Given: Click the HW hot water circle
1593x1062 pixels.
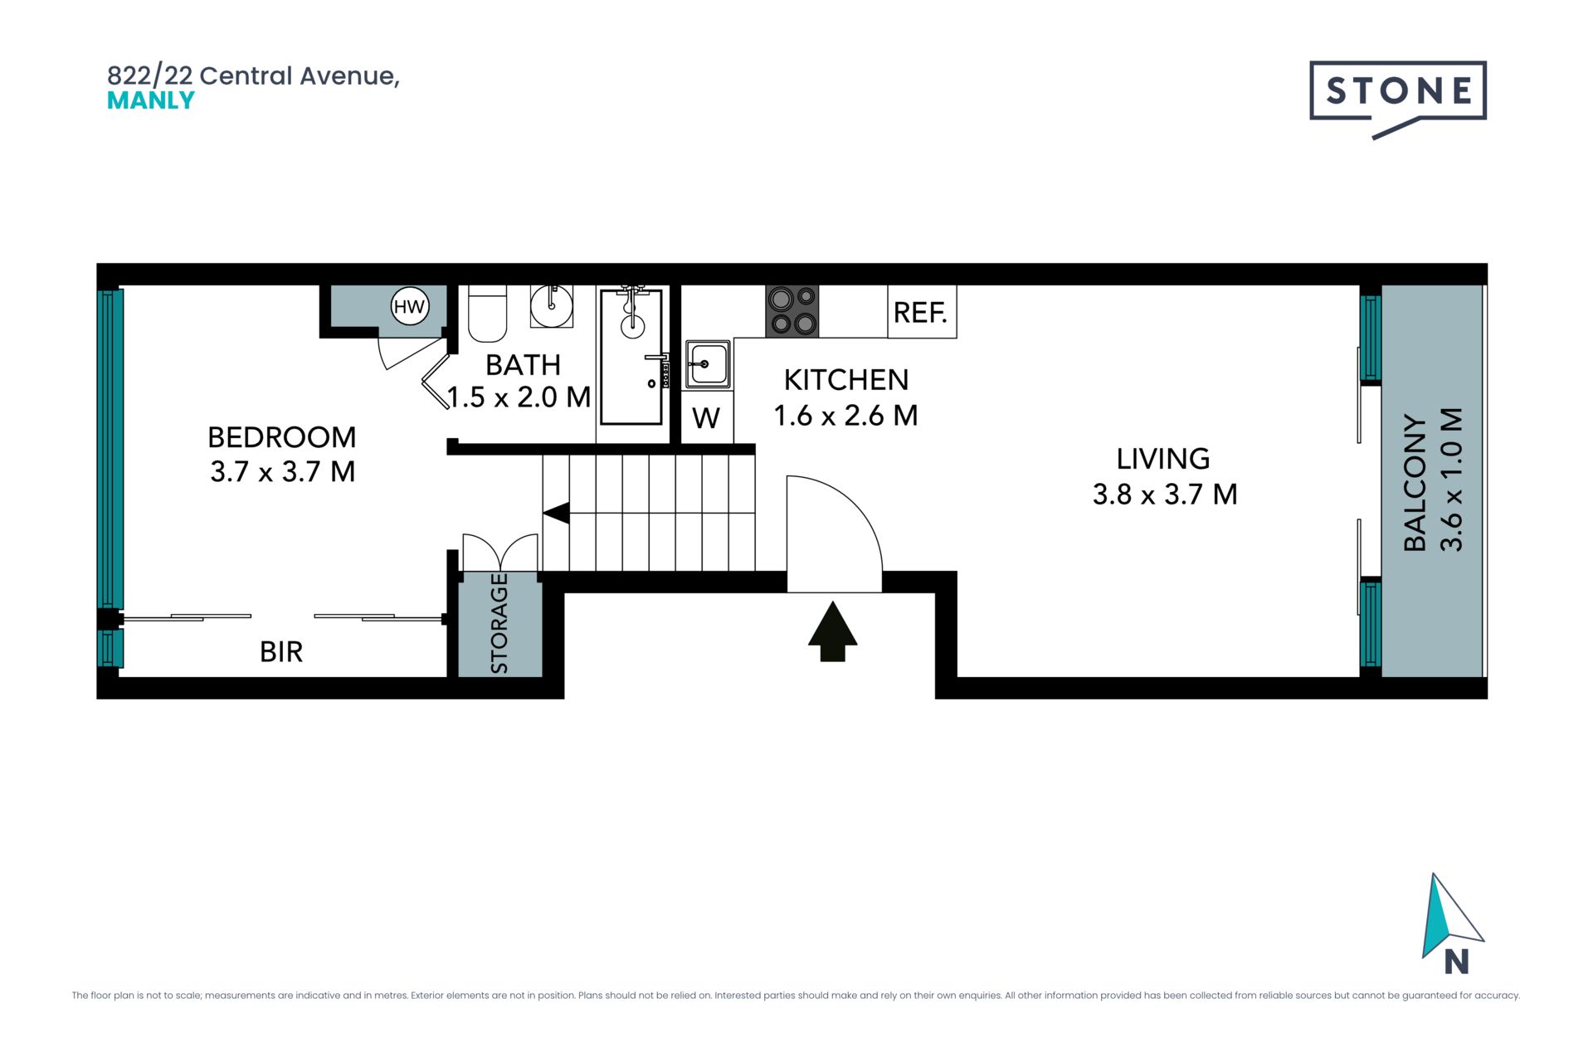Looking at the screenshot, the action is [409, 307].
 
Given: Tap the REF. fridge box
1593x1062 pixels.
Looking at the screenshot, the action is [922, 312].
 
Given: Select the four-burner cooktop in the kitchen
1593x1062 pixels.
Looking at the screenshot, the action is [792, 311].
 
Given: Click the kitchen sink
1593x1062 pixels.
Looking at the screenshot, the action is [708, 364].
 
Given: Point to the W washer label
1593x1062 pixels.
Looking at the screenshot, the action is [706, 418].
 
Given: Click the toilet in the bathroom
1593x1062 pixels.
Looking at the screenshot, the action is [488, 314].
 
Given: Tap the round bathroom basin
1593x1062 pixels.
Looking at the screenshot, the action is [552, 305].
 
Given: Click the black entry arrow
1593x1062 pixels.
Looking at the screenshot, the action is [833, 632].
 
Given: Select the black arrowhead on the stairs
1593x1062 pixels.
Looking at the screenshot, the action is [556, 513].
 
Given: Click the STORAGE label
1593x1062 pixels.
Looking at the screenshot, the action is [499, 623].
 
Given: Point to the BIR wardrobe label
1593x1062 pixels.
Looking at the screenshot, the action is [281, 652].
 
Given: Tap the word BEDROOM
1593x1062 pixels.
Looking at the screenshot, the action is [282, 437].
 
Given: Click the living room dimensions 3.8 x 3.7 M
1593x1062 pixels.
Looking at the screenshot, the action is [1165, 494].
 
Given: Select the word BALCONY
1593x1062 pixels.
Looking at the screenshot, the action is [1415, 483].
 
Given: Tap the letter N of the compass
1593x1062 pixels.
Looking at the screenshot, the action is [1457, 962].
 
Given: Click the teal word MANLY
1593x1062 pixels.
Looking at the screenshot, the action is [151, 100].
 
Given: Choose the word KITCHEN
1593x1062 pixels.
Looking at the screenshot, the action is [846, 380].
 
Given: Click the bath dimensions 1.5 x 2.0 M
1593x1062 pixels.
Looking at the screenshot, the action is [519, 397].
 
